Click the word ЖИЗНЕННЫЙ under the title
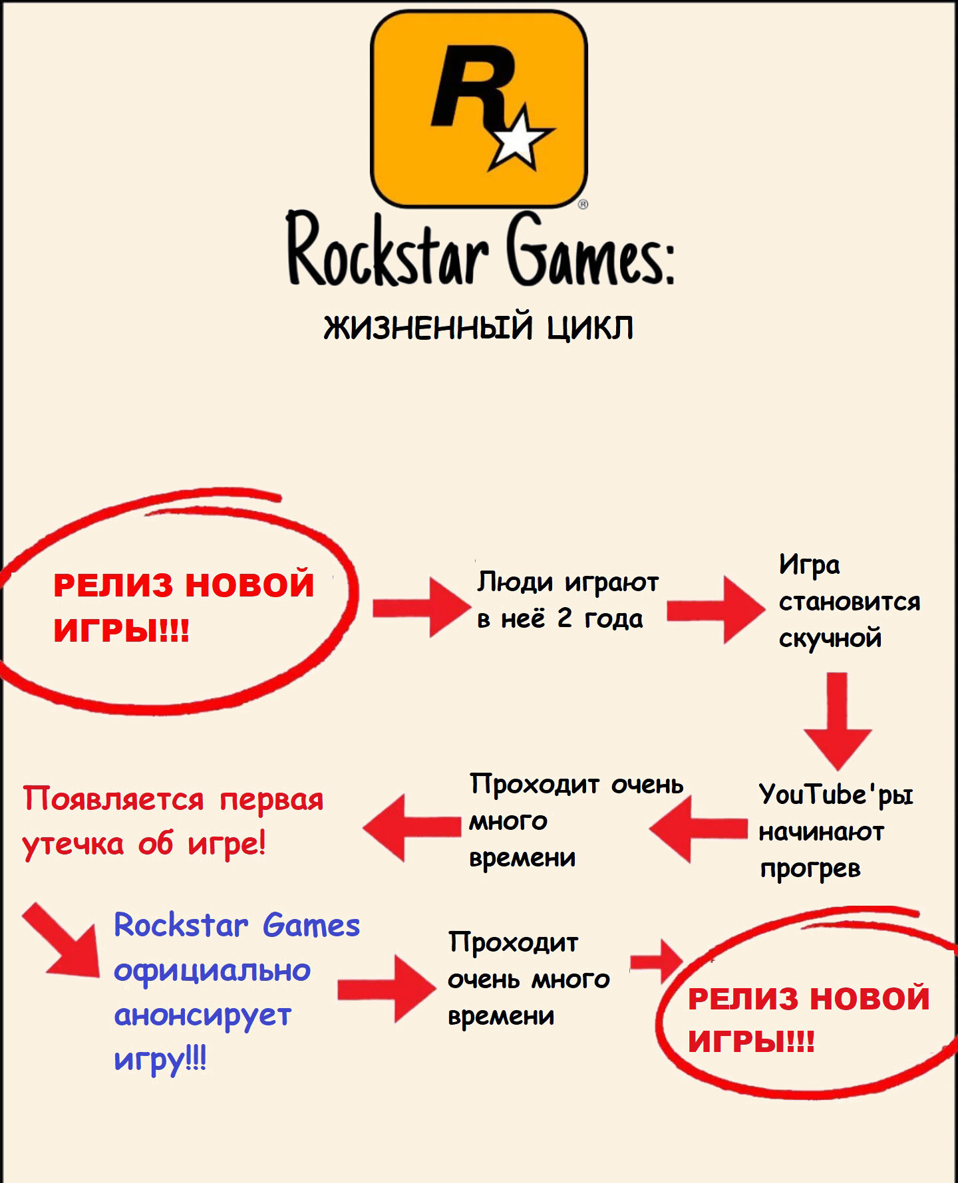point(429,327)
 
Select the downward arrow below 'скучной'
point(838,722)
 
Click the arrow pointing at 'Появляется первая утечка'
point(412,827)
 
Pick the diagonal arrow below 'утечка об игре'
point(63,940)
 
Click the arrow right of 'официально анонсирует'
point(386,989)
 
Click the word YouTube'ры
point(836,795)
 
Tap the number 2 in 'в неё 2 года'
point(564,618)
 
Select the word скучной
point(830,638)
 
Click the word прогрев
point(810,869)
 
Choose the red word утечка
point(73,845)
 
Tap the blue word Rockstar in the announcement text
point(181,925)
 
